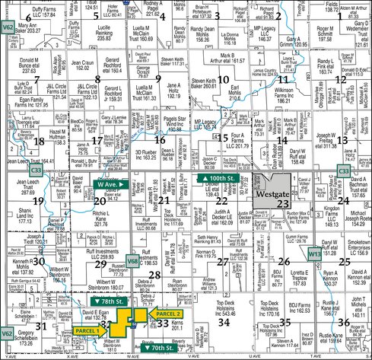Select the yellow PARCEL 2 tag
168,314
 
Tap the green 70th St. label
161,348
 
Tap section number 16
159,139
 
